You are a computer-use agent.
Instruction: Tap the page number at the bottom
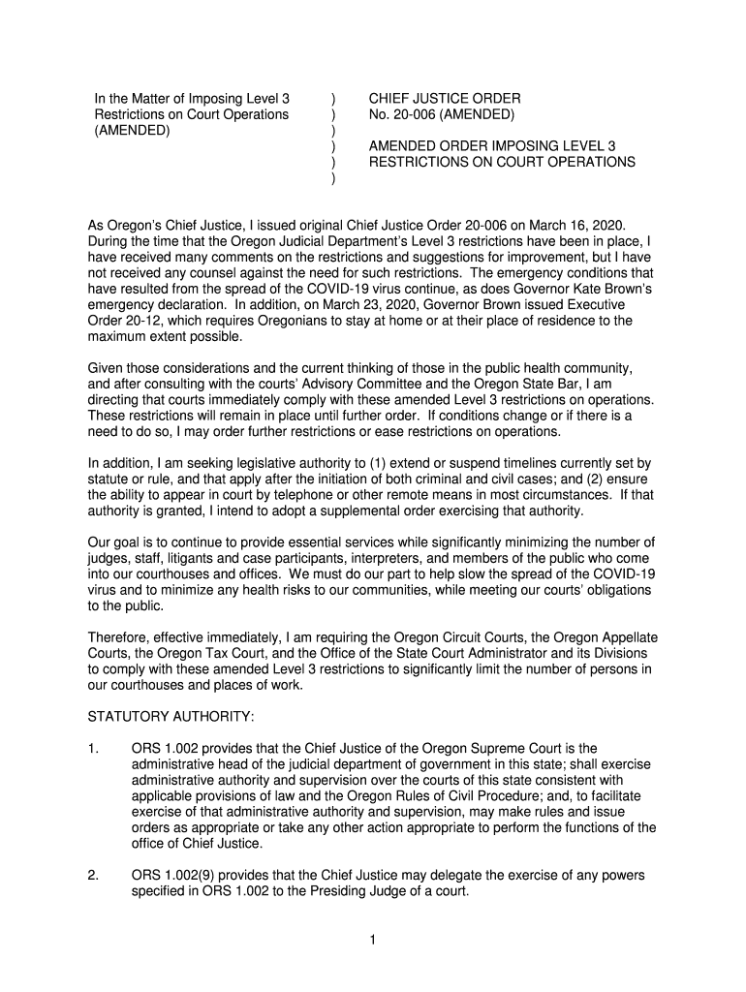click(372, 940)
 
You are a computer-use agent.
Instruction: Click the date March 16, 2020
click(571, 225)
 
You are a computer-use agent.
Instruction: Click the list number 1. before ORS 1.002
click(93, 748)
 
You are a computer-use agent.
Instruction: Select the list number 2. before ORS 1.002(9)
click(93, 875)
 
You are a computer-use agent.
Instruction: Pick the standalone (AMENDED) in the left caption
click(132, 130)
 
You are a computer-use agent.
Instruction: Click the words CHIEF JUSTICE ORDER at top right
click(445, 99)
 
